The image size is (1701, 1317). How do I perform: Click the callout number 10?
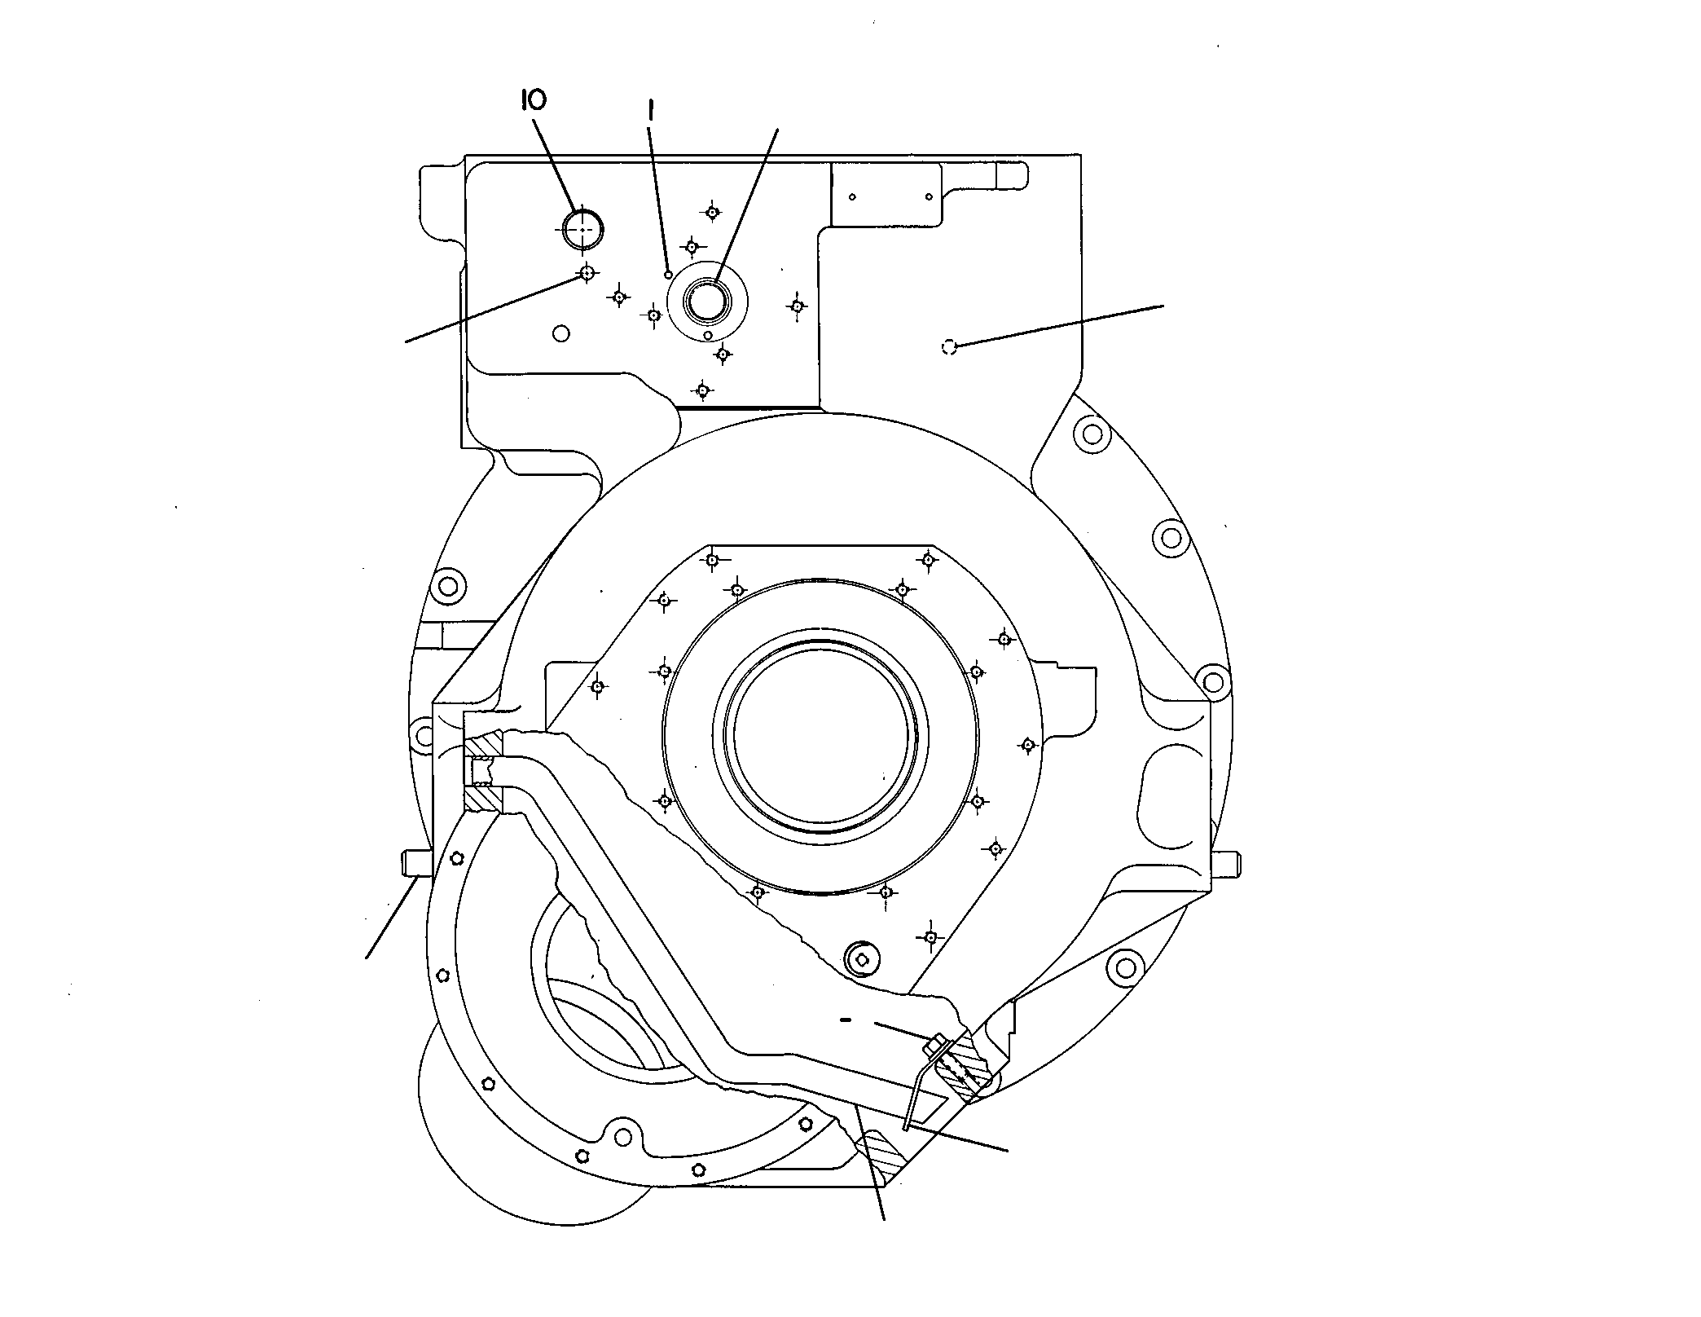[x=534, y=100]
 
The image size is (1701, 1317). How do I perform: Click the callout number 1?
[x=650, y=110]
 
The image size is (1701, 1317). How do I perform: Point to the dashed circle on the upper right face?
[x=948, y=347]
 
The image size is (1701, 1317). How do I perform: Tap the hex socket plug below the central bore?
[x=861, y=959]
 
